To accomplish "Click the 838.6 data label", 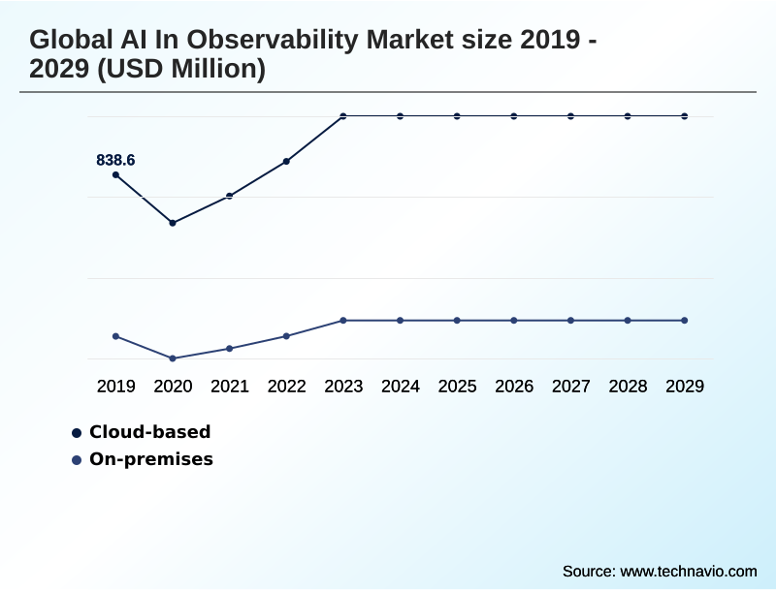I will point(115,161).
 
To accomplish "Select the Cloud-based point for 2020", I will point(173,223).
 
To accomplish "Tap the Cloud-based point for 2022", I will point(286,162).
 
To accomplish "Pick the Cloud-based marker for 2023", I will point(343,116).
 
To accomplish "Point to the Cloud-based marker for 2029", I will point(685,116).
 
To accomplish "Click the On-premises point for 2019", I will point(116,336).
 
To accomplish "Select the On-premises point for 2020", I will point(173,358).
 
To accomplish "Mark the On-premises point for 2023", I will point(343,320).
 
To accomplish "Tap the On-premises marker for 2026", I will point(514,320).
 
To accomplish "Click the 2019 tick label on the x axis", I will point(116,387).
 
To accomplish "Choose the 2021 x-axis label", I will point(230,387).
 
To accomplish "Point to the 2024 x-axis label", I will point(401,387).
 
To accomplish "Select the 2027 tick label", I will point(571,387).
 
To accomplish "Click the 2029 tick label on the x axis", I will point(685,387).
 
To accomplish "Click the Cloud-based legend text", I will point(149,432).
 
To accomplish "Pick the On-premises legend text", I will point(150,459).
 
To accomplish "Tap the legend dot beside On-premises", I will point(77,459).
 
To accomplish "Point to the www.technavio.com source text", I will point(688,571).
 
